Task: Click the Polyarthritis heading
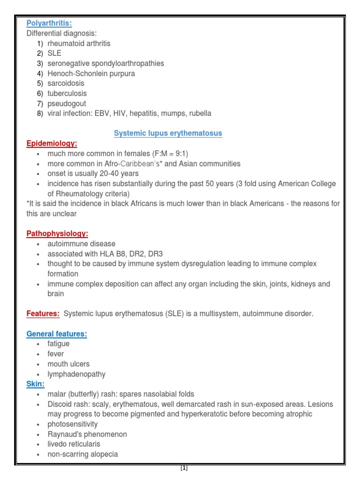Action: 49,23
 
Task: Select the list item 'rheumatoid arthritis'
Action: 79,44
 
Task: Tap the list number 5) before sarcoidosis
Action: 40,83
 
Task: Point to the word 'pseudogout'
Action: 67,104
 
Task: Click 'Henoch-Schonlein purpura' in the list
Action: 91,74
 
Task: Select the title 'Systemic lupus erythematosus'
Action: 168,134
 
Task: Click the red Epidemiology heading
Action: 52,143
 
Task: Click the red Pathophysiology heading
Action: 57,233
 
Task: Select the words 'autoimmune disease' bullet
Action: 81,244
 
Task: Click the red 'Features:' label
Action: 43,314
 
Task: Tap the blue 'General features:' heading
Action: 57,334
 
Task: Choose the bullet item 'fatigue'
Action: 59,344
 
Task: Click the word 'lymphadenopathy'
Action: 76,374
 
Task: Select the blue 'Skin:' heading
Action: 36,384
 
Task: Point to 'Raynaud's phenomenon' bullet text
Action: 87,434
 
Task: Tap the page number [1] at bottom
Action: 184,468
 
